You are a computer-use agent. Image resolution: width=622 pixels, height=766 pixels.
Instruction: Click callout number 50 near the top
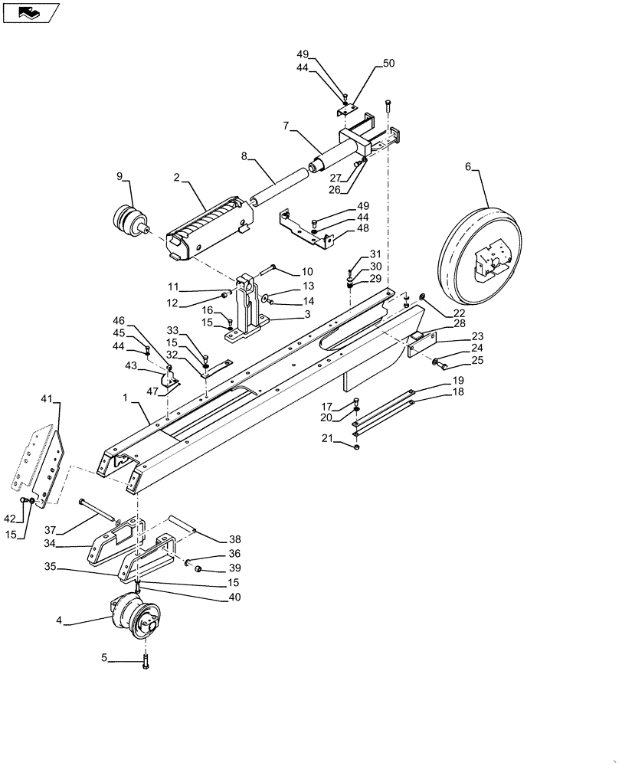point(388,64)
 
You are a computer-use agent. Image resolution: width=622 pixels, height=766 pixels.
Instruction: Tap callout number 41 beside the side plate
point(47,400)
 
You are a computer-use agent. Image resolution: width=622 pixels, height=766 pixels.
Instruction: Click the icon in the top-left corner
point(31,12)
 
